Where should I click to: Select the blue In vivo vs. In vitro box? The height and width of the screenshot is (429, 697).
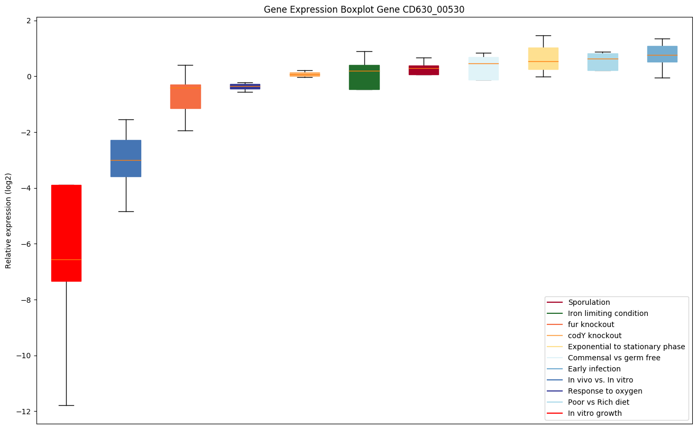tap(125, 158)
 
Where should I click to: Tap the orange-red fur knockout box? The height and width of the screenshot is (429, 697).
tap(185, 96)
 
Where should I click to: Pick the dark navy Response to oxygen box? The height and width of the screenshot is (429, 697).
tap(245, 86)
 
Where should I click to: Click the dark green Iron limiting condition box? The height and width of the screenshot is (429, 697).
tap(364, 77)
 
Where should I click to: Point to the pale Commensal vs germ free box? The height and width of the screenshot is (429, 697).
tap(483, 69)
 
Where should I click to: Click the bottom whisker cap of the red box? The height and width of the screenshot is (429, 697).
tap(66, 405)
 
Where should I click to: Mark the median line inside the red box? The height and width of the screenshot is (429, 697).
tap(66, 260)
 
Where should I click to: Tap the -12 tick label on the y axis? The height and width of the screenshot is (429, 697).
tap(24, 412)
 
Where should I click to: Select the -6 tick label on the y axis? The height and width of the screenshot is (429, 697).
tap(26, 244)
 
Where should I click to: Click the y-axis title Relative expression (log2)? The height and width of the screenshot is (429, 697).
tap(8, 220)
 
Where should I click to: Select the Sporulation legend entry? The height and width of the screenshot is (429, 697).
tap(589, 302)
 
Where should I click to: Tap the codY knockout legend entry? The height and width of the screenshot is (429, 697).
tap(594, 335)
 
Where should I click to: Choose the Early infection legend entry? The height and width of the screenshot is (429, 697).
tap(594, 369)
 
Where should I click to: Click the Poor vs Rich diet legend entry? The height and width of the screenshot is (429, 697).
tap(598, 402)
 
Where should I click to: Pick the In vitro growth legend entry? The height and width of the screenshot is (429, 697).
tap(594, 413)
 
